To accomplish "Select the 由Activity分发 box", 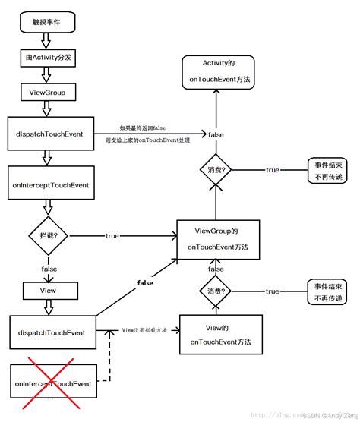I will pos(47,57).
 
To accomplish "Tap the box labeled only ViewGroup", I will pos(47,93).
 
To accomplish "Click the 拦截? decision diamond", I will pos(48,236).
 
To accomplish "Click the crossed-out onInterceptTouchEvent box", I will pos(52,384).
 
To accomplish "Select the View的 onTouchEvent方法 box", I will pos(216,335).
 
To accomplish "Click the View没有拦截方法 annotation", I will pos(145,331).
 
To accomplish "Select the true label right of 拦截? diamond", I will pos(112,236).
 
